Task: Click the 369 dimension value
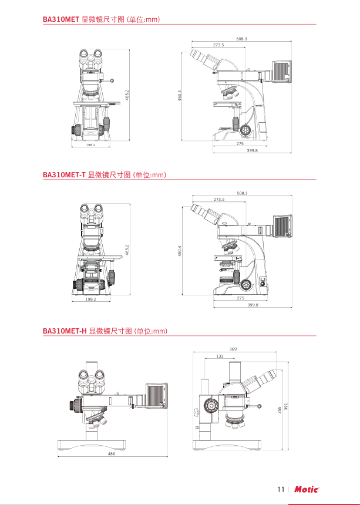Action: coord(233,349)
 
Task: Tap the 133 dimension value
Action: coord(220,356)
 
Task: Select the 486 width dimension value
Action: coord(112,454)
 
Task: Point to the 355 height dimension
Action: coord(280,410)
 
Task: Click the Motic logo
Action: coord(307,490)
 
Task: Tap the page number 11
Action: coord(281,490)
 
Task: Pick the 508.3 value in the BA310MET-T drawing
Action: coord(242,193)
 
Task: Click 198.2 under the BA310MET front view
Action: coord(91,145)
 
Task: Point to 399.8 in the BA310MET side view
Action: coord(253,150)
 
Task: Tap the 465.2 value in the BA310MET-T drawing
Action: coord(127,250)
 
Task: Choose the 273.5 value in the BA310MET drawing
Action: coord(218,45)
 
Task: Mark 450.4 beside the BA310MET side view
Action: coord(180,95)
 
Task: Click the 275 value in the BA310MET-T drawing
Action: coord(241,298)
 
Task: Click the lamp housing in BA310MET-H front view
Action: coord(157,396)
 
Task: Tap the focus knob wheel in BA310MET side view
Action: coord(245,130)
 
